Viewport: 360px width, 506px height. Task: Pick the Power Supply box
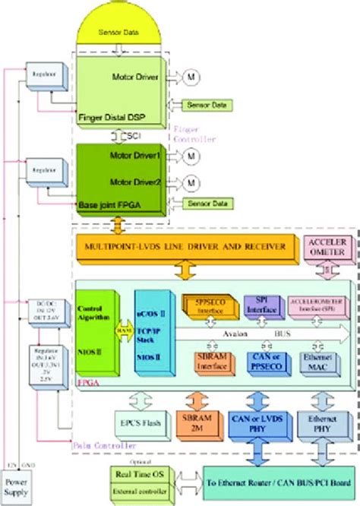[x=17, y=485]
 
